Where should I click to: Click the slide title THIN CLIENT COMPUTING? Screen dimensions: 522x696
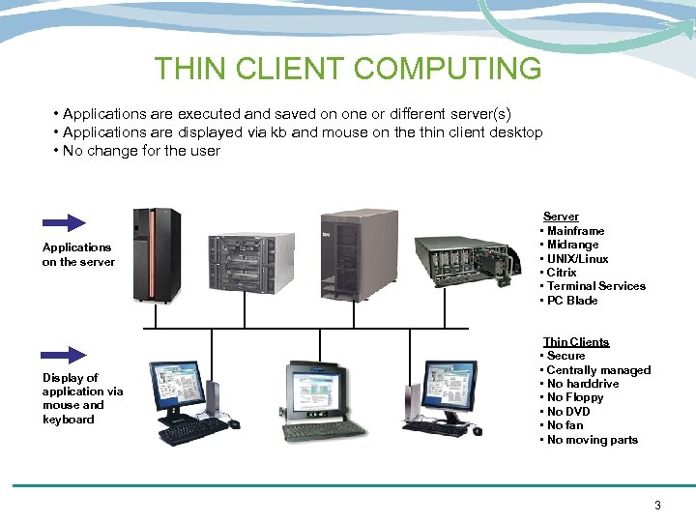[x=348, y=69]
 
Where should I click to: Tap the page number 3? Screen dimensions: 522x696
[x=657, y=505]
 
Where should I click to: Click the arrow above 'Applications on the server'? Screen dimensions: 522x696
[x=64, y=223]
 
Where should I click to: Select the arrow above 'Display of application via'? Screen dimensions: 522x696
[x=64, y=355]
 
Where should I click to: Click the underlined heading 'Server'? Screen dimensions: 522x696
[x=561, y=217]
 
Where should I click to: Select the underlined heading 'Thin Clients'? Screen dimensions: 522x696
[x=576, y=341]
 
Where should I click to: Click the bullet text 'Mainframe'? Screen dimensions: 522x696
[x=575, y=231]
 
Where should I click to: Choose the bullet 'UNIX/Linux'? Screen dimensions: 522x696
[x=577, y=258]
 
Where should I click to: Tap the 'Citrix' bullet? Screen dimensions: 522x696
[x=562, y=273]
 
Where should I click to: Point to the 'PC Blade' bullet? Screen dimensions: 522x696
[x=572, y=300]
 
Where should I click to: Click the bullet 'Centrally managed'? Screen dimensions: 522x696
[x=598, y=369]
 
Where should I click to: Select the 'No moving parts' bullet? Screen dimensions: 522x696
[x=593, y=440]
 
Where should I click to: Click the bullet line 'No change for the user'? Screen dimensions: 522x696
[x=141, y=151]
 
